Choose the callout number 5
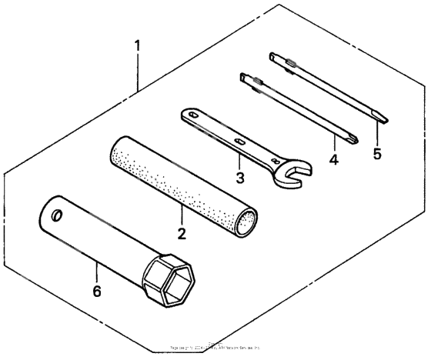[x=376, y=153]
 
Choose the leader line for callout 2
[x=182, y=216]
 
